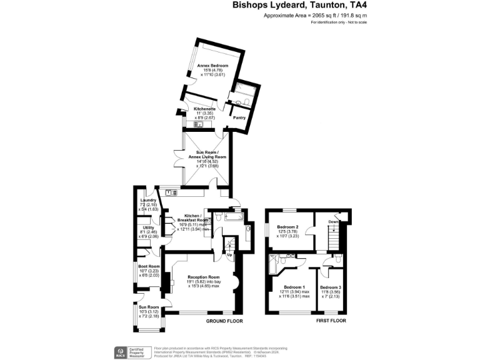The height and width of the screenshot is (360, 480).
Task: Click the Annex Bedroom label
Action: [x=212, y=66]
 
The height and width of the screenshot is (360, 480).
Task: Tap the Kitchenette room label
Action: [x=206, y=109]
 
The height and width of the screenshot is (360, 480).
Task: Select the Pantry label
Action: [x=239, y=117]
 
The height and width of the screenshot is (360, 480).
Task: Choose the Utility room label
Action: [x=148, y=227]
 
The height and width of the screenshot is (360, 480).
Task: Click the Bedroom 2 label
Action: [x=288, y=227]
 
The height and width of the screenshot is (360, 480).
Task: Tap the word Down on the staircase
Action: [x=334, y=221]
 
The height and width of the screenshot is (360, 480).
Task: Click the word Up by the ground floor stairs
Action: [x=229, y=255]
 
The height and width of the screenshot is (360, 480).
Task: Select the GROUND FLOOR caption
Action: [x=224, y=321]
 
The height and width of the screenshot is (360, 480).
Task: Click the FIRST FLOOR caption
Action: [x=331, y=321]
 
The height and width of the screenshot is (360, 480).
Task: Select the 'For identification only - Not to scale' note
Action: [x=339, y=22]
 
